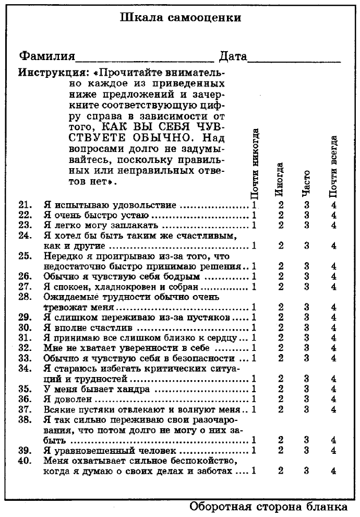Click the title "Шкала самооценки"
coord(181,18)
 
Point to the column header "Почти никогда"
coord(255,165)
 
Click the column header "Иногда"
coord(280,179)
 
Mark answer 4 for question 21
coord(333,205)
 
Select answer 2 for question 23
coord(281,225)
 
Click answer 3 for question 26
coord(307,276)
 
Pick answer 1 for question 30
coord(254,328)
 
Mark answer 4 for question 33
coord(333,358)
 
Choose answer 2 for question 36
coord(281,399)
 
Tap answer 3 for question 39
coord(307,450)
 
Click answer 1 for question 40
coord(254,471)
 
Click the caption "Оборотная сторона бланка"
coord(267,507)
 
